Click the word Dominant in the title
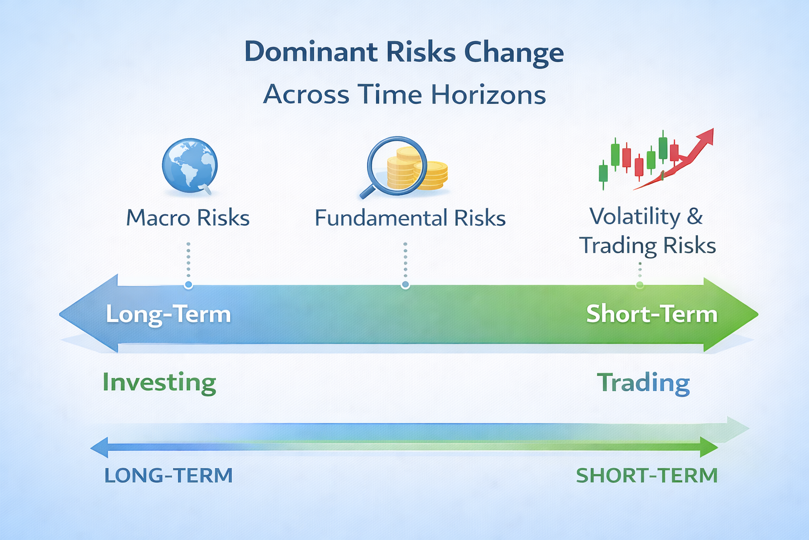[311, 52]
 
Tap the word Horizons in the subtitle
[488, 95]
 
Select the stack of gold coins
[417, 169]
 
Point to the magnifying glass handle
[368, 191]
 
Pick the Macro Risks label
[188, 218]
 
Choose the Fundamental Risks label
[410, 218]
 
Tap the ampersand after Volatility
[695, 216]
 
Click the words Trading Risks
[647, 246]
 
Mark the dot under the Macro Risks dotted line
[188, 285]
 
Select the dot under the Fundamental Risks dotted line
[405, 285]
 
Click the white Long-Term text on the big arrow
[169, 314]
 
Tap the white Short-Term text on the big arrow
[652, 314]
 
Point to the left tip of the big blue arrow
[59, 314]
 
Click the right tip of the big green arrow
[758, 314]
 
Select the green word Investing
[159, 383]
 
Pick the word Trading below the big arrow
[643, 383]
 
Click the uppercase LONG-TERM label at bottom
[169, 475]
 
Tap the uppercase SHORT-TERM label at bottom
[646, 475]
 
